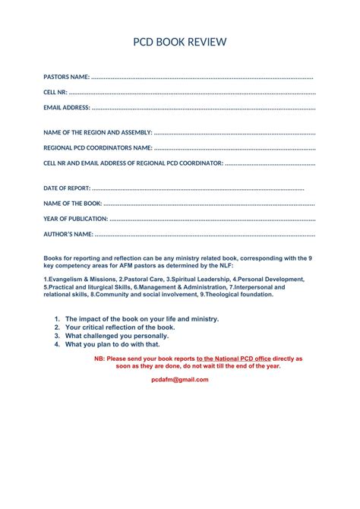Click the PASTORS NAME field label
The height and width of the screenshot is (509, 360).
pyautogui.click(x=66, y=77)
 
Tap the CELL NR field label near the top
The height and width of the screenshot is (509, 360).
pyautogui.click(x=55, y=92)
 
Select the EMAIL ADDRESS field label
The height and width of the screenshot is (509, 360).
pyautogui.click(x=67, y=108)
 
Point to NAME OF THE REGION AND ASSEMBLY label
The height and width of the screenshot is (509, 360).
pyautogui.click(x=98, y=132)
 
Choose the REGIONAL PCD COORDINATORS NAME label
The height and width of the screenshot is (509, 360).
pyautogui.click(x=98, y=147)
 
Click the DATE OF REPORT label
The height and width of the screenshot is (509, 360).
pyautogui.click(x=67, y=188)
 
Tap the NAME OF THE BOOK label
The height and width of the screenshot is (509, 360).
pyautogui.click(x=72, y=203)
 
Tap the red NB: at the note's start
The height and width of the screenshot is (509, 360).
pyautogui.click(x=99, y=358)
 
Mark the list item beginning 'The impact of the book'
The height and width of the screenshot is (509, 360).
pyautogui.click(x=142, y=319)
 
